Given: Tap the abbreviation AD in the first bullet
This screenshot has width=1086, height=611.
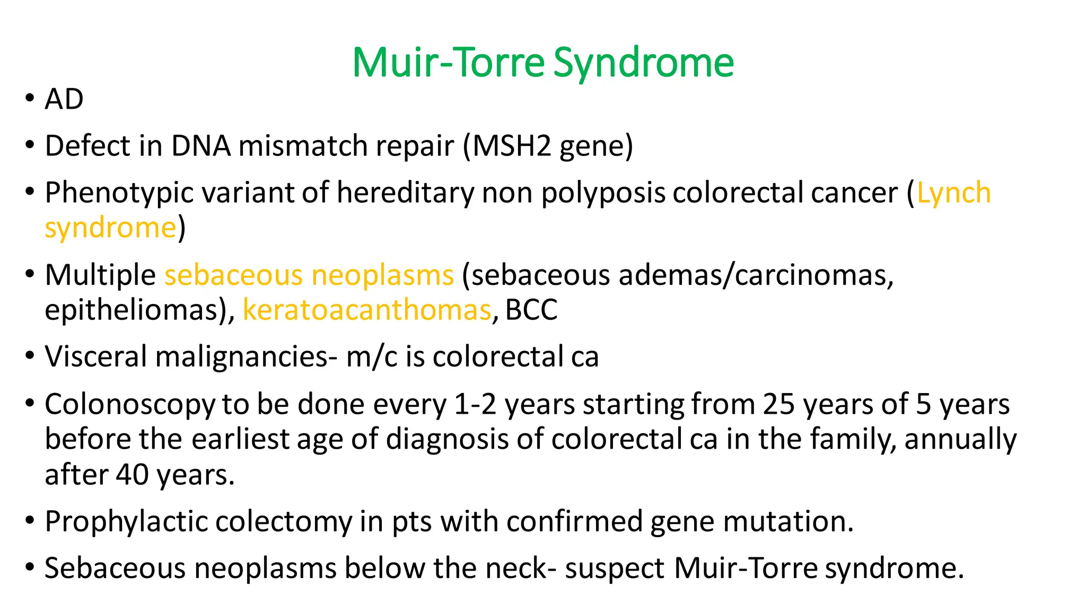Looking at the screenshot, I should pos(64,99).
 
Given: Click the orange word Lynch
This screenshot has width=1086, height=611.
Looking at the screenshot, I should pos(953,193).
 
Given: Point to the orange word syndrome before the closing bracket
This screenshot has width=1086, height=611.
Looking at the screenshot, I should pos(110,228).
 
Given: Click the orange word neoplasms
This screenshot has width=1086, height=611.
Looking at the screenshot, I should pos(382,275).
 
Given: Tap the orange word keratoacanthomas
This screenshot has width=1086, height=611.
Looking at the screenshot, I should pos(367,310).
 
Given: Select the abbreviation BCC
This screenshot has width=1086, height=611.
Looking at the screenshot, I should pos(531,310).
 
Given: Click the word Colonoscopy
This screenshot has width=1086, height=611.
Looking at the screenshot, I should pos(130,405).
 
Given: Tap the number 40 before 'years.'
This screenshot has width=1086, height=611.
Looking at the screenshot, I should pos(133,475).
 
